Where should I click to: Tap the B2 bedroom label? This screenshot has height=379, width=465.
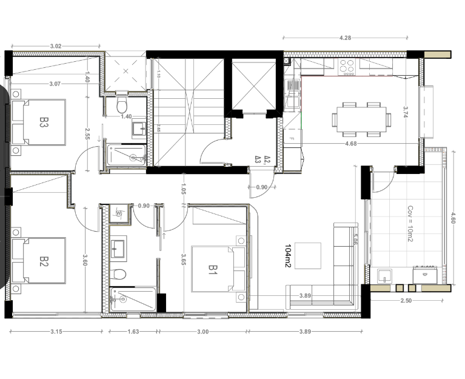point(44,261)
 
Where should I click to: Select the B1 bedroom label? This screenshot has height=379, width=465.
point(213,269)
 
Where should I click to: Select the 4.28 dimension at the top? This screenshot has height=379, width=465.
point(345,38)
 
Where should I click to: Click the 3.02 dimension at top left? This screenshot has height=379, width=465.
point(56,45)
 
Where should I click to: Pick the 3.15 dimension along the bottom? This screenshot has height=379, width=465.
point(56,332)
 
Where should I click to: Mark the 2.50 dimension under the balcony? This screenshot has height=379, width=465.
point(406,301)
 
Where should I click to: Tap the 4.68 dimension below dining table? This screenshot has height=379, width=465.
point(350,144)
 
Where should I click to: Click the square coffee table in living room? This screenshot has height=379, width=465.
point(308,255)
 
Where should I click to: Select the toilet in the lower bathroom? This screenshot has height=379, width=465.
point(119,274)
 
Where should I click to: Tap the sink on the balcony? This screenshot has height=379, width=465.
point(384,277)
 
